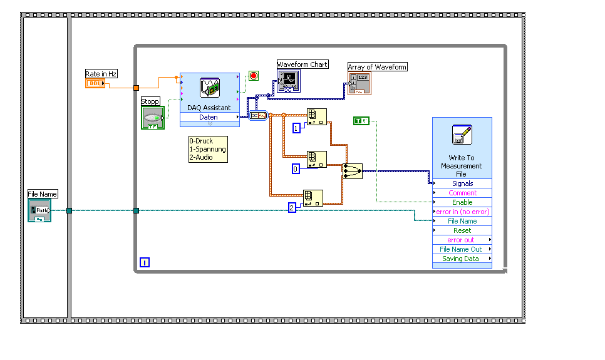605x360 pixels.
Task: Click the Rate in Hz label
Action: point(101,74)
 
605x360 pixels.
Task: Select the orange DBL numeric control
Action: point(95,83)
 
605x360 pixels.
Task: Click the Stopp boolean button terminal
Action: point(152,118)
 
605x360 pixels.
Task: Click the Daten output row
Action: point(209,117)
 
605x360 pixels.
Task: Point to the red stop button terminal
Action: point(254,76)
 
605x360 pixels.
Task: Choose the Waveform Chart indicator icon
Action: point(289,81)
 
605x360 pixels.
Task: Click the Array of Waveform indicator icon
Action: point(359,83)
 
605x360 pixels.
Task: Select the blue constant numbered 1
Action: point(297,128)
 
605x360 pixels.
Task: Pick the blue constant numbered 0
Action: point(297,168)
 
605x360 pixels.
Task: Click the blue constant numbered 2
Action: point(292,208)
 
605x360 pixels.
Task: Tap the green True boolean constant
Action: point(361,120)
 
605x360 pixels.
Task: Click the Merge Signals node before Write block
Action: point(352,171)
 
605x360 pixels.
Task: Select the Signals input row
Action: point(462,183)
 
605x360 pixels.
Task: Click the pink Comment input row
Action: point(462,193)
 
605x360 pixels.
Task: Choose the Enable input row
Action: point(462,202)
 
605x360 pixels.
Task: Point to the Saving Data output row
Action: point(461,259)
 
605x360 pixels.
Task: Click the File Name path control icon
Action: point(39,211)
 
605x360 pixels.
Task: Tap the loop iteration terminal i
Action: point(145,262)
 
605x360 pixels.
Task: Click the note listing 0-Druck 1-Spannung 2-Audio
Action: point(208,150)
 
